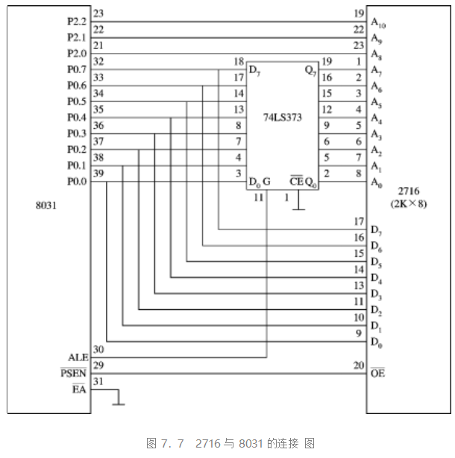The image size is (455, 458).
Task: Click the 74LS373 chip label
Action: (x=283, y=117)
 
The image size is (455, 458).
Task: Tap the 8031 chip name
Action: (x=46, y=206)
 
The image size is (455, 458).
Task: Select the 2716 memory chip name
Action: (x=409, y=191)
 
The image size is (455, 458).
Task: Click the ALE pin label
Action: (x=78, y=357)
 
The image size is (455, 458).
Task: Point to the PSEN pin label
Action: (x=73, y=373)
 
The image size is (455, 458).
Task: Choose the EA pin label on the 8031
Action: (x=79, y=389)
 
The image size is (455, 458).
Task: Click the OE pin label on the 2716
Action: (x=377, y=373)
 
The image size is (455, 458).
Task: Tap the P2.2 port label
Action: (x=77, y=22)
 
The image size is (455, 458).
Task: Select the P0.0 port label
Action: (x=77, y=182)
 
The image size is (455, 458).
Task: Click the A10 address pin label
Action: (x=378, y=22)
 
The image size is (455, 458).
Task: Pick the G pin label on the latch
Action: (x=266, y=182)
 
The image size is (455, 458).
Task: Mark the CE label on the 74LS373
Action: (x=297, y=181)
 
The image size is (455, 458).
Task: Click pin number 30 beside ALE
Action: (x=98, y=349)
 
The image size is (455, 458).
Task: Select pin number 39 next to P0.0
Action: (x=98, y=174)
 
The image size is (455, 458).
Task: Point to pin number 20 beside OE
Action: (x=359, y=365)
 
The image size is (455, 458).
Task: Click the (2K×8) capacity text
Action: (x=409, y=203)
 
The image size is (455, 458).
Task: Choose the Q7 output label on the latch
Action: (x=310, y=71)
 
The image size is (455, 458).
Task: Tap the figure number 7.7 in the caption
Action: (x=172, y=443)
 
